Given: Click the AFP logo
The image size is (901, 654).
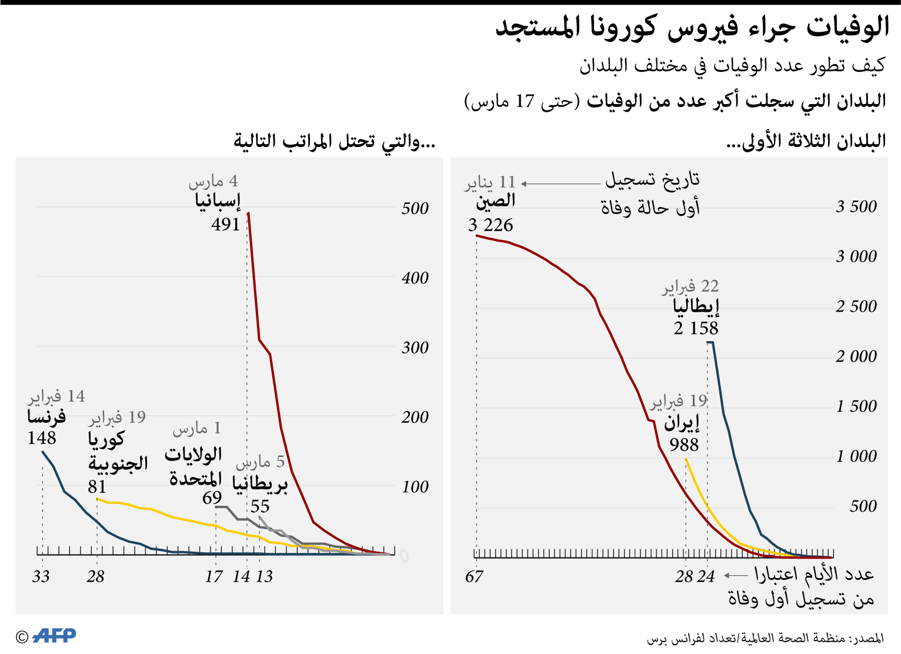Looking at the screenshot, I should tap(54, 636).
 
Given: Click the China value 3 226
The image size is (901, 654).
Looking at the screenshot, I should tap(490, 225).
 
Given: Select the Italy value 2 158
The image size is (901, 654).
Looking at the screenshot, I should tap(696, 328).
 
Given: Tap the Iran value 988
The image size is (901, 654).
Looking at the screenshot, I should tap(684, 445).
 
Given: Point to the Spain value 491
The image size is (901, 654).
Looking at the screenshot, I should tap(226, 225).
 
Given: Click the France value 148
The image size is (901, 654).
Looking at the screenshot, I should tap(42, 438).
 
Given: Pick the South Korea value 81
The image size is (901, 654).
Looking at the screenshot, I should tap(97, 487).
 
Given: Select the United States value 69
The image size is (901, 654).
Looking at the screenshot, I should tap(212, 498).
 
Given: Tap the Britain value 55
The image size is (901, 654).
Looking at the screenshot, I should tap(260, 506).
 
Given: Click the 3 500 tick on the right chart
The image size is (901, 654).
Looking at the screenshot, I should tap(856, 207).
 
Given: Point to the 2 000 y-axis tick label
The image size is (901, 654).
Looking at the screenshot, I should tap(856, 356).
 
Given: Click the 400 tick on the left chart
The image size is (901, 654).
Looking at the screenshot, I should tap(415, 278).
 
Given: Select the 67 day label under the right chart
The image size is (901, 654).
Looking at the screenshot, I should tap(474, 577).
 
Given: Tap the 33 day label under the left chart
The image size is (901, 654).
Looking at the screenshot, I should tap(41, 576).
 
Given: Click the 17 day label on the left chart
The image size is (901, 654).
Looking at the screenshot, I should tap(213, 577).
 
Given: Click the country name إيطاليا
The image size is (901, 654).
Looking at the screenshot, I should tap(696, 306).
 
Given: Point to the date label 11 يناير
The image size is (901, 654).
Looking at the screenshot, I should tap(490, 183).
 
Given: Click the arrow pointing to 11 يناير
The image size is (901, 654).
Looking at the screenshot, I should tap(560, 183).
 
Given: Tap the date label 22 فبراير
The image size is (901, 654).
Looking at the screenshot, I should tap(690, 287).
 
